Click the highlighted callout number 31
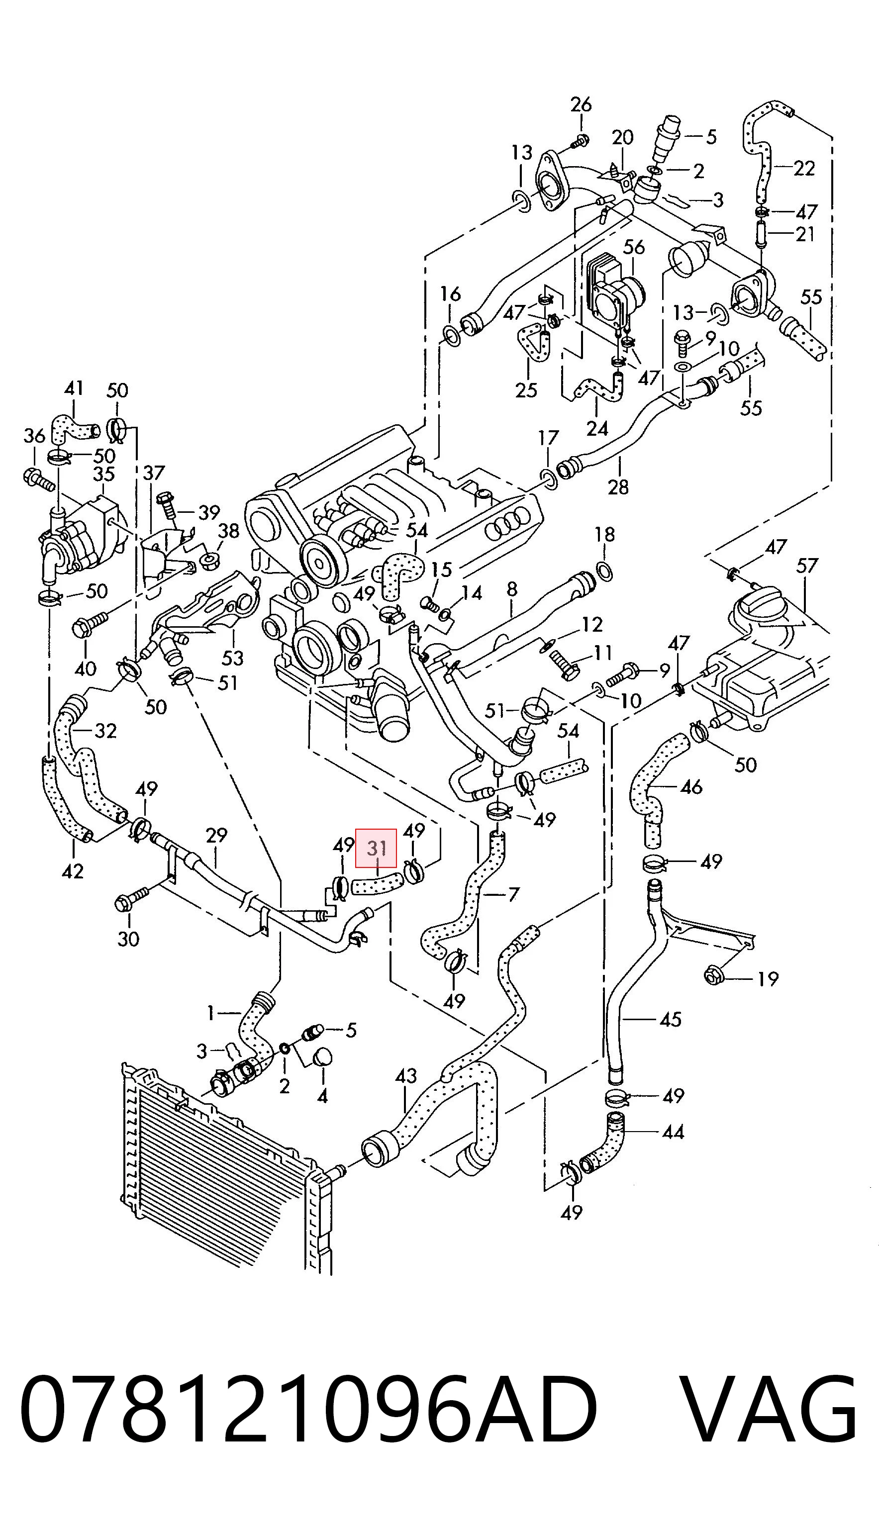click(x=376, y=849)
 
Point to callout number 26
click(x=582, y=104)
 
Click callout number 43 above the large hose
click(x=406, y=1075)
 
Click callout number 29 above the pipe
click(x=216, y=835)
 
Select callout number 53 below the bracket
click(x=233, y=657)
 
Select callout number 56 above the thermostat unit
click(x=634, y=247)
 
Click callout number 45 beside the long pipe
click(x=670, y=1019)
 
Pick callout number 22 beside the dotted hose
click(x=804, y=167)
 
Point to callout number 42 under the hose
click(x=73, y=871)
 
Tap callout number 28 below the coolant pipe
click(x=618, y=486)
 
